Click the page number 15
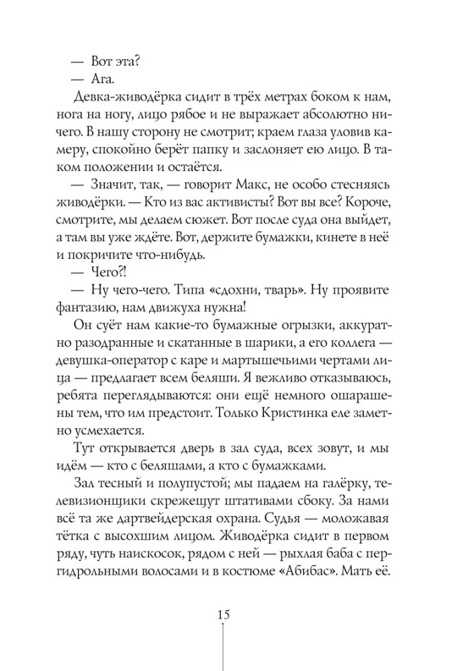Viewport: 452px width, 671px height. click(x=224, y=615)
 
